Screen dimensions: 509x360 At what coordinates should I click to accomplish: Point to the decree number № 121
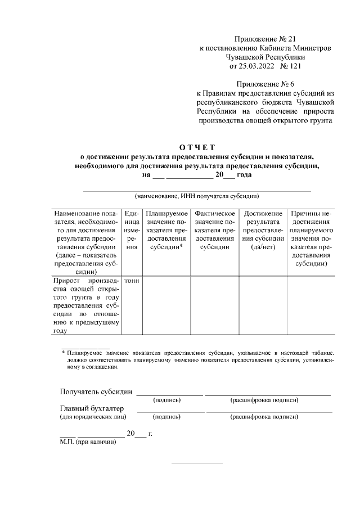point(305,66)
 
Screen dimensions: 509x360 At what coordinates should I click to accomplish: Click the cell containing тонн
point(132,280)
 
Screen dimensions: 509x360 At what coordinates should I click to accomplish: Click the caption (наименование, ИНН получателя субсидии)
point(196,196)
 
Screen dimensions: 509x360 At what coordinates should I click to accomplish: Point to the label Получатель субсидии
point(96,391)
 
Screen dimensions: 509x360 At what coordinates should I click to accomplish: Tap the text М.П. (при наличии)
point(88,442)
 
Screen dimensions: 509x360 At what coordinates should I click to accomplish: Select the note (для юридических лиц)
point(93,417)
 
